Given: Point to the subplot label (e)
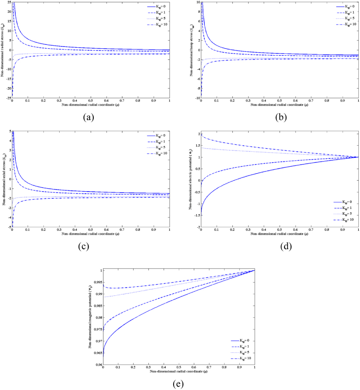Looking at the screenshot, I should tap(179, 383).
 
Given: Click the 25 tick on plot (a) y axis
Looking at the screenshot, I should tap(8, 3).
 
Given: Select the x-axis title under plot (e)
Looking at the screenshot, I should tap(179, 372).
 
